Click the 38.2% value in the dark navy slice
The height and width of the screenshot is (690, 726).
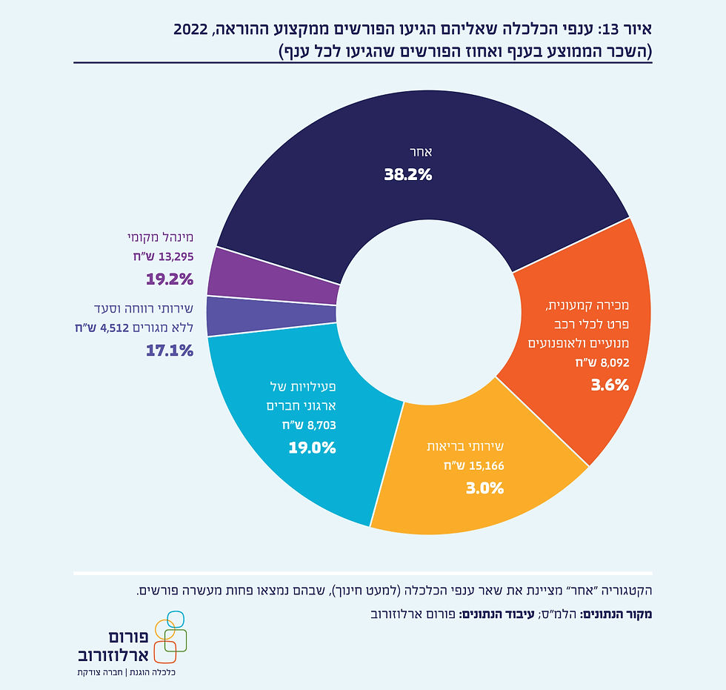click(407, 175)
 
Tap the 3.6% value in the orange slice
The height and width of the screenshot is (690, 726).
click(610, 385)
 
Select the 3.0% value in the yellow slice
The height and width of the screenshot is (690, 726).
click(484, 488)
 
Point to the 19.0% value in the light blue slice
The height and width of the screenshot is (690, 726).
click(313, 448)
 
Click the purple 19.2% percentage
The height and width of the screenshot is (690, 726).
click(170, 279)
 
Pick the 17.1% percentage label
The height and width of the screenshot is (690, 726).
click(170, 350)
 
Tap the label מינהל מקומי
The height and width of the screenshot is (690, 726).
click(160, 237)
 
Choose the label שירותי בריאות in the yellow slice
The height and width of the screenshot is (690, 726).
click(465, 446)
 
